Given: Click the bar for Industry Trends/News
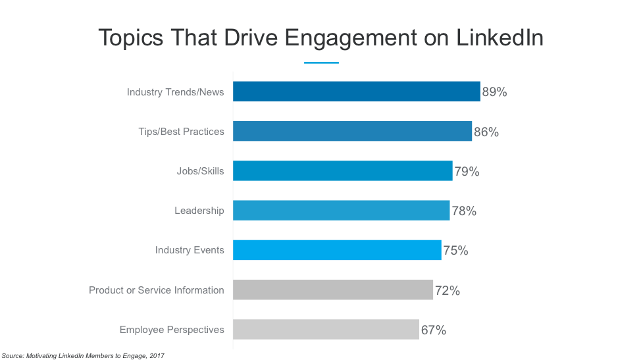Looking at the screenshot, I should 356,92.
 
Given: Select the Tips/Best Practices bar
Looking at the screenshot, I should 352,132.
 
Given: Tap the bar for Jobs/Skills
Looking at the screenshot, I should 342,171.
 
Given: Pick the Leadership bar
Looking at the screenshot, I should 341,211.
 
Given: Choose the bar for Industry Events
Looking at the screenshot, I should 337,250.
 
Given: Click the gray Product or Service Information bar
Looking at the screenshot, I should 333,290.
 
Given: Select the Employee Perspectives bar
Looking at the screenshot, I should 326,329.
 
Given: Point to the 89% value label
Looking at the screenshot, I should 494,92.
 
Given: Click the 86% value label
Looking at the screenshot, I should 486,132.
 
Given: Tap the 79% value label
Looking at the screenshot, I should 467,172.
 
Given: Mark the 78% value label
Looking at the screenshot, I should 464,211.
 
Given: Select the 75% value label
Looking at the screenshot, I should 455,251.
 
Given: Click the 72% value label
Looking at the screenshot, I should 448,290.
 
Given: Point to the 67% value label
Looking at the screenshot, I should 433,330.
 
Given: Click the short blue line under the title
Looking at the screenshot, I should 321,63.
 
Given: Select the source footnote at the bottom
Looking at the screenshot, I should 83,355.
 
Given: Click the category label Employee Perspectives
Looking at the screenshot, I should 171,330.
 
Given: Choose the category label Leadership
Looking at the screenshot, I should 199,211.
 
